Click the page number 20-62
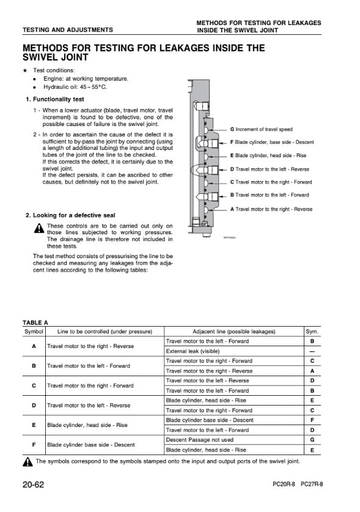(33, 484)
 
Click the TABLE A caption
(35, 322)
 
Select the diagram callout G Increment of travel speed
(262, 129)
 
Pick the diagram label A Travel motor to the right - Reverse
(271, 209)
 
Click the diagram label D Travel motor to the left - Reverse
(270, 169)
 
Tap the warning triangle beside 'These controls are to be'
(39, 228)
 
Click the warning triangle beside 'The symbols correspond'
(28, 462)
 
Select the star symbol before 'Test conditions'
(25, 70)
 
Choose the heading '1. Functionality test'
(55, 99)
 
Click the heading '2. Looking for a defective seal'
(70, 215)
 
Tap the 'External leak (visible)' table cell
(193, 351)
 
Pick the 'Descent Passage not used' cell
(199, 440)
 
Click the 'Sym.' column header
(312, 332)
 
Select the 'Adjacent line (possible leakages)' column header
(234, 332)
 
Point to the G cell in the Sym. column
(312, 440)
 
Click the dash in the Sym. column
(312, 352)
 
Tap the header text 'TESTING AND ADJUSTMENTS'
(68, 30)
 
